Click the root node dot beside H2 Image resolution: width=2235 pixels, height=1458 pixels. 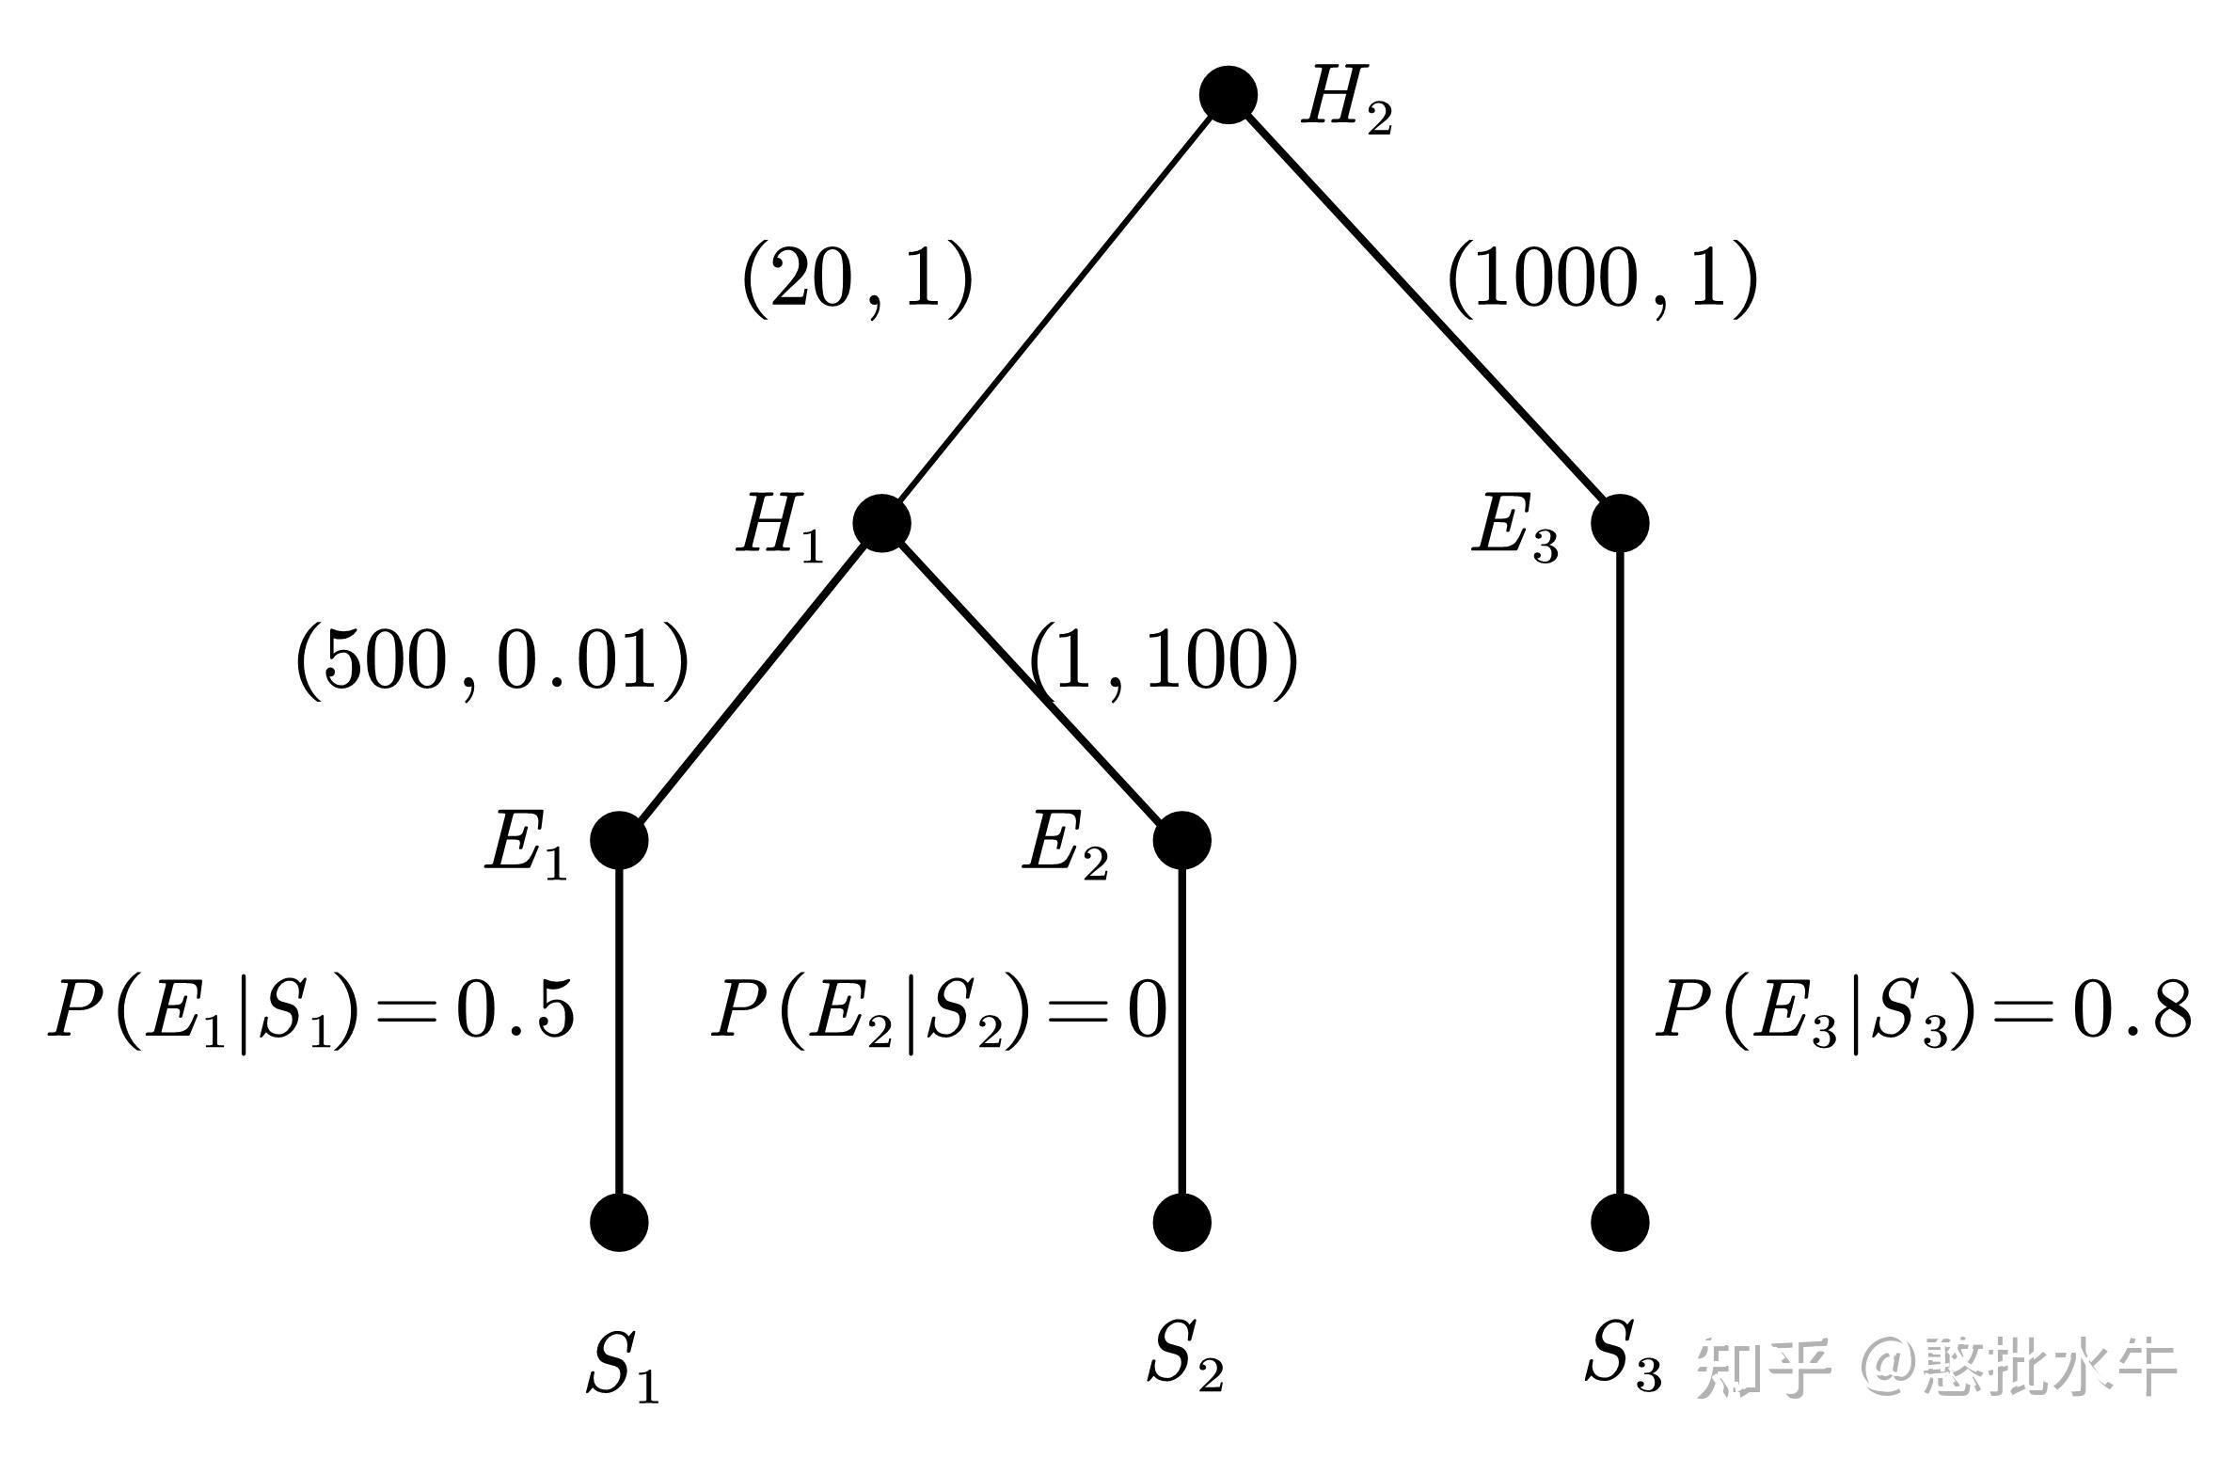coord(1228,95)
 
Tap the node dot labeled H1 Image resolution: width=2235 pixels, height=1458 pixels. coord(881,523)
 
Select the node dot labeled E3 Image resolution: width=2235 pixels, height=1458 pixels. coord(1620,523)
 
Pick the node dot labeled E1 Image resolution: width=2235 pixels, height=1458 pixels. coord(619,840)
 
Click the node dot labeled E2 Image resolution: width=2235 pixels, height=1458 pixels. coord(1181,840)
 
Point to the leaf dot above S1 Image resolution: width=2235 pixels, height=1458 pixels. coord(619,1222)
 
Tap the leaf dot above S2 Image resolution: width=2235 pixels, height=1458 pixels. coord(1181,1222)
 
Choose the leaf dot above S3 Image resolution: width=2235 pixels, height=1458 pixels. coord(1620,1222)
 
